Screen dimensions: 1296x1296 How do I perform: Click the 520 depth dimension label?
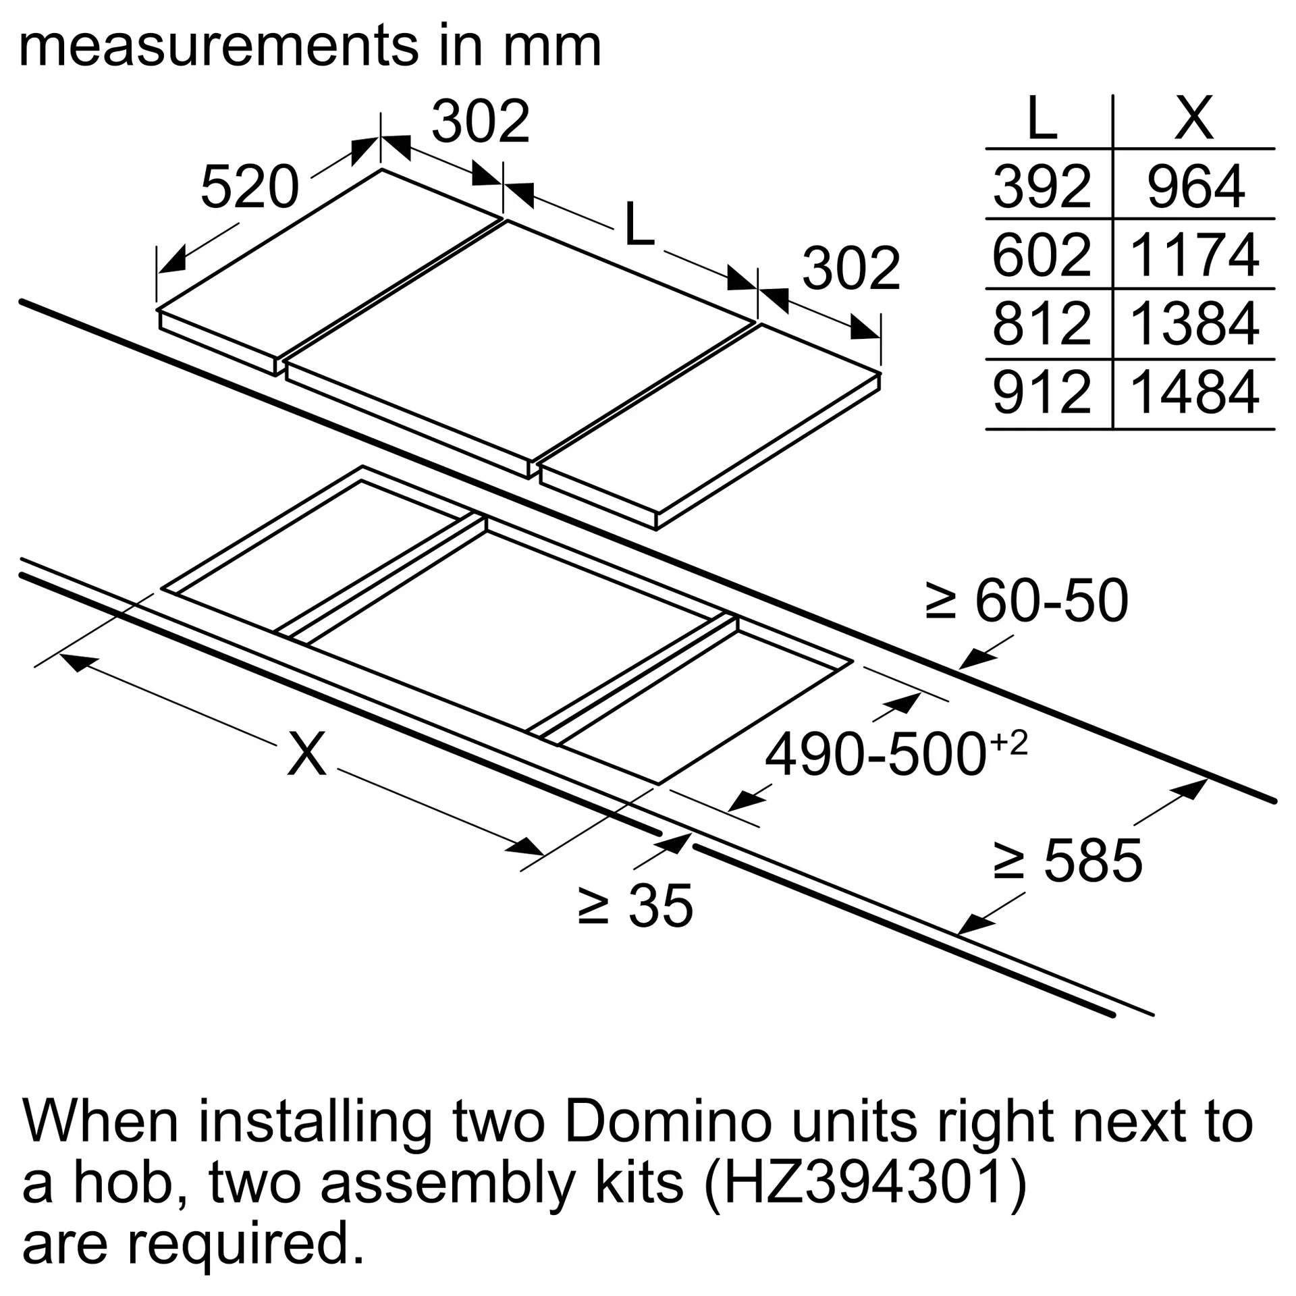pyautogui.click(x=250, y=187)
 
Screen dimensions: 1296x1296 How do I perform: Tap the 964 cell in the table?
pyautogui.click(x=1196, y=186)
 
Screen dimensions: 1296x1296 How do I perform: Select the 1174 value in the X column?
pyautogui.click(x=1193, y=256)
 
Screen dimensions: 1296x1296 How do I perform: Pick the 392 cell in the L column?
pyautogui.click(x=1042, y=186)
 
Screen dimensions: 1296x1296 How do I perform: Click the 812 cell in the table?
pyautogui.click(x=1042, y=325)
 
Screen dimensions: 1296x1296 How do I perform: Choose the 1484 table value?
pyautogui.click(x=1193, y=393)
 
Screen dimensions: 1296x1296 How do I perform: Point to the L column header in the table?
pyautogui.click(x=1042, y=118)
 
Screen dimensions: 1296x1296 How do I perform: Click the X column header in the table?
pyautogui.click(x=1194, y=118)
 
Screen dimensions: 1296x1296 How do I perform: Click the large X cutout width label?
pyautogui.click(x=307, y=754)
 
